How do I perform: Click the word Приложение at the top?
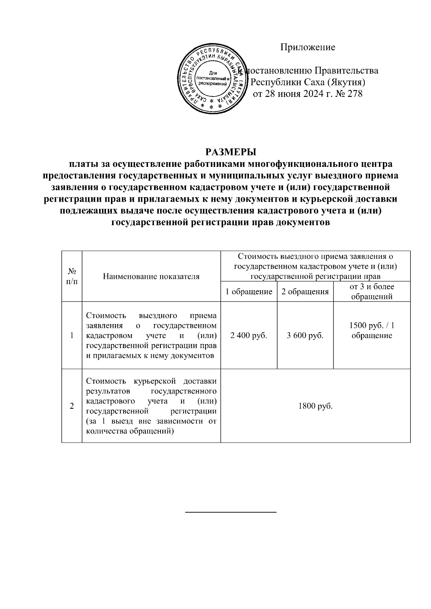[307, 47]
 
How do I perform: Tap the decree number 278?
[354, 94]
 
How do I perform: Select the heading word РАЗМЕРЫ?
[231, 151]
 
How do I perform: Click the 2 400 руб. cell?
[249, 336]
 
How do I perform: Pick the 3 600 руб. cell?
[305, 336]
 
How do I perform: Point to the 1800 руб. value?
[315, 406]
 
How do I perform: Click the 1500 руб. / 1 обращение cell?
[371, 331]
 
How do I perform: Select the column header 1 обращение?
[249, 292]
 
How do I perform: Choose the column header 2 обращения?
[305, 292]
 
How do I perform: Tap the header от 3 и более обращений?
[371, 291]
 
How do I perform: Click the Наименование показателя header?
[151, 276]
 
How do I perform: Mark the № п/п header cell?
[72, 276]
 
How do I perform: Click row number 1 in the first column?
[72, 336]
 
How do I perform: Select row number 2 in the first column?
[72, 406]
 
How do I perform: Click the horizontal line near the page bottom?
[231, 511]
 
